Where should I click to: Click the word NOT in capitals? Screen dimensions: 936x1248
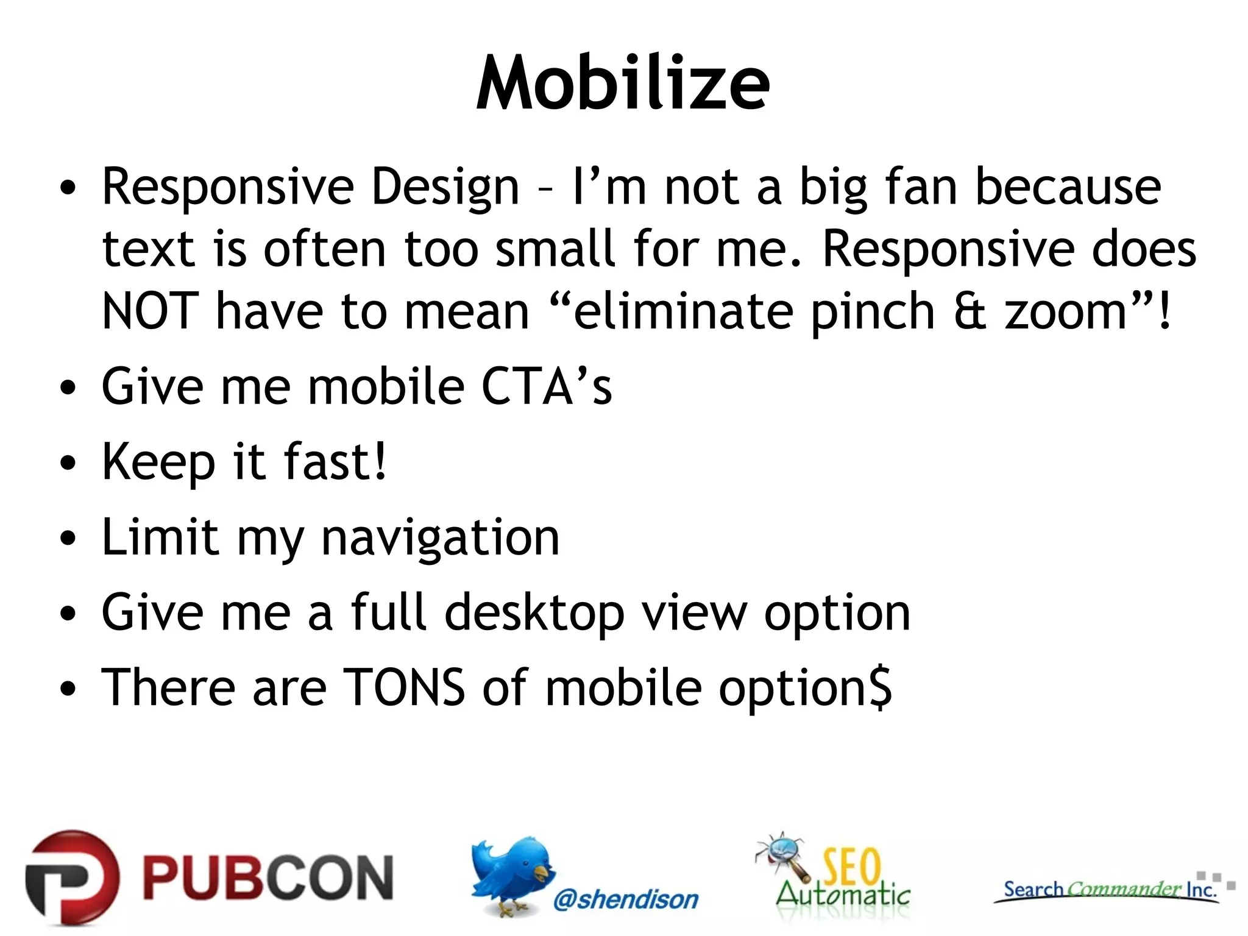150,311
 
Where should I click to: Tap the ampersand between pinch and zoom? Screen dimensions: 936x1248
970,311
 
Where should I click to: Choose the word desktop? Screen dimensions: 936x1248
534,613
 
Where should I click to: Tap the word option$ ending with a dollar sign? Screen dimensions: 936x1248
805,689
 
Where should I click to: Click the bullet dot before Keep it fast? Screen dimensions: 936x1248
69,463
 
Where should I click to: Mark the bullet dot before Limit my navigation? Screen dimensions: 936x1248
69,539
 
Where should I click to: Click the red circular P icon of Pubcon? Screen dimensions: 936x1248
72,877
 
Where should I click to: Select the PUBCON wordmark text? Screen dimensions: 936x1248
268,877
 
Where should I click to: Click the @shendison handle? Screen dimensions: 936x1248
626,899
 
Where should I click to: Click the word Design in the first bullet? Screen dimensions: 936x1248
445,187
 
